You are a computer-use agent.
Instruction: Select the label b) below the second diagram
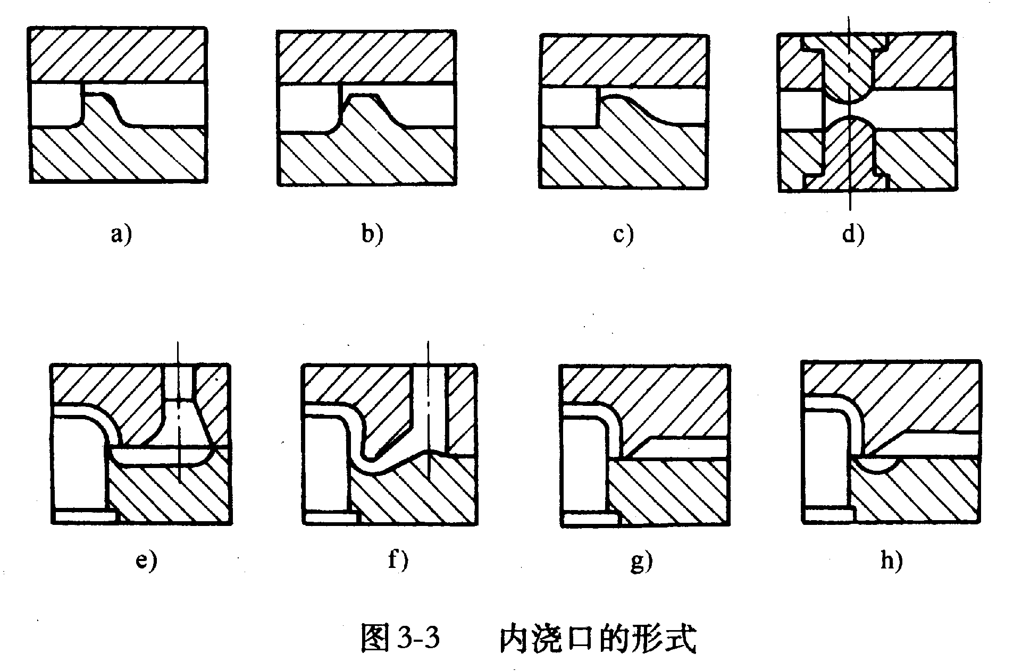point(372,234)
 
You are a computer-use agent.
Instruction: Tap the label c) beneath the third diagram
point(623,234)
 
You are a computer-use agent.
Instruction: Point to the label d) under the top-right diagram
point(853,234)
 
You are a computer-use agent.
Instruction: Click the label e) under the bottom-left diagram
point(146,560)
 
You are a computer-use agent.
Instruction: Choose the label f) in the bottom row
point(398,560)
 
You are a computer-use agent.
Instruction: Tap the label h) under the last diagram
point(891,560)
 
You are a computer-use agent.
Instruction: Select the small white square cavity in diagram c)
point(568,107)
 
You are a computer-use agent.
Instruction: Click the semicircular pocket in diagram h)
point(881,463)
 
